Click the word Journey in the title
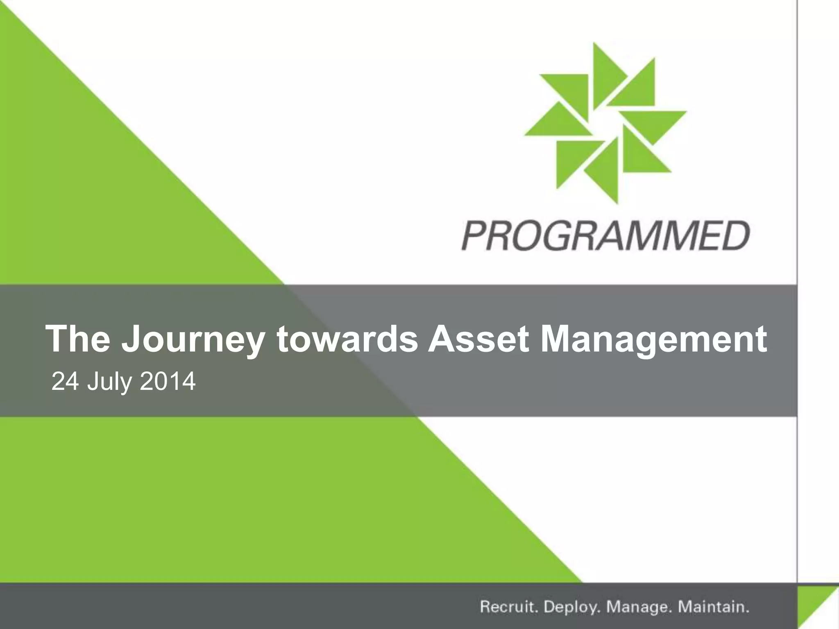pos(192,339)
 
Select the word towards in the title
pos(347,339)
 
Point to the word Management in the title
pos(653,339)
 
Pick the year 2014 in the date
pos(168,382)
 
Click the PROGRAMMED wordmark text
pos(605,236)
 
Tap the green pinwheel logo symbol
pos(605,123)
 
